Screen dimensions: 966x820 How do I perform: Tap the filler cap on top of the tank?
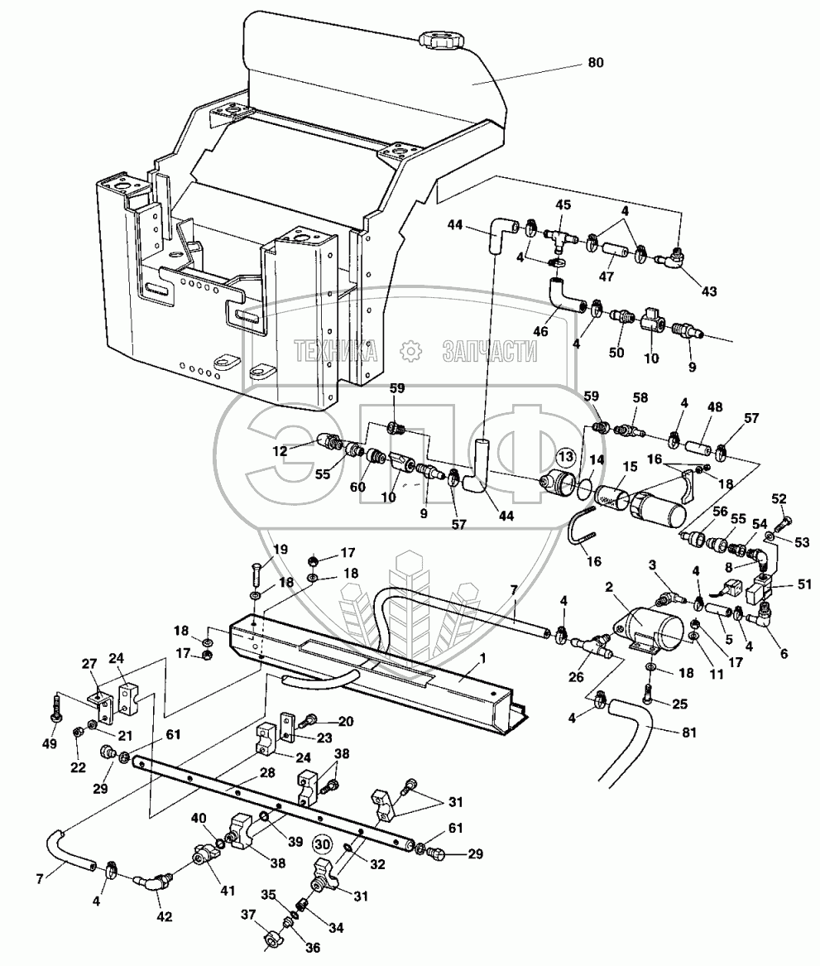[x=444, y=39]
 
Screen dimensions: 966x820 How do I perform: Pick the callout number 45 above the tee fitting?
[x=562, y=205]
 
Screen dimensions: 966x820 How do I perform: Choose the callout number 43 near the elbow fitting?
[x=708, y=291]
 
